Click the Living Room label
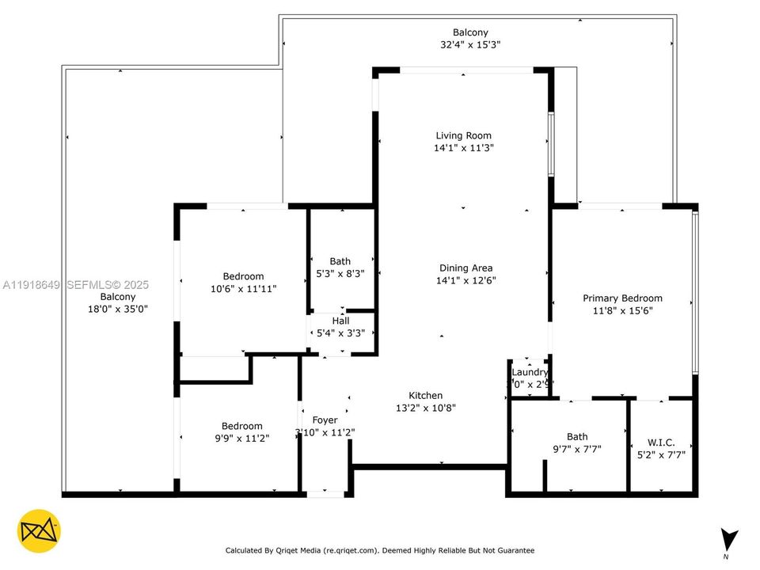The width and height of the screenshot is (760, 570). (463, 135)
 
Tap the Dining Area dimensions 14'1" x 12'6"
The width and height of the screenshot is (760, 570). (465, 280)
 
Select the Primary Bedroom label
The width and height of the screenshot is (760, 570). (622, 298)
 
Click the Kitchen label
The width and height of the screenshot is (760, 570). (425, 396)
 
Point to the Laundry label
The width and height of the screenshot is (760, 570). (530, 372)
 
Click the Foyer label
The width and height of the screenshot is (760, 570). (325, 420)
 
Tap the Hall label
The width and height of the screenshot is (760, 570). (340, 321)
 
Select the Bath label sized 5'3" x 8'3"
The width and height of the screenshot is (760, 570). (340, 261)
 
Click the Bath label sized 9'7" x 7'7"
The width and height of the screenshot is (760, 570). (577, 436)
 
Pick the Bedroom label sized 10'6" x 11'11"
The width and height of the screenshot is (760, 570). (243, 277)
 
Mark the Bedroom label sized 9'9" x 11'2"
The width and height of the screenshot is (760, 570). (241, 426)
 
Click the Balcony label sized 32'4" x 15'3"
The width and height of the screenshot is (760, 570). (470, 32)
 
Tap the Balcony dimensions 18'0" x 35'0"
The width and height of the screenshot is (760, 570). (118, 309)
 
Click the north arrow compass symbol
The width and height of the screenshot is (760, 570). (729, 538)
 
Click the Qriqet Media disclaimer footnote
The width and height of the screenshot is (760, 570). (380, 550)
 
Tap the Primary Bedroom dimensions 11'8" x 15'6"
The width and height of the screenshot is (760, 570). (622, 310)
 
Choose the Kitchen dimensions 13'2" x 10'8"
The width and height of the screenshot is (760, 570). (425, 408)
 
